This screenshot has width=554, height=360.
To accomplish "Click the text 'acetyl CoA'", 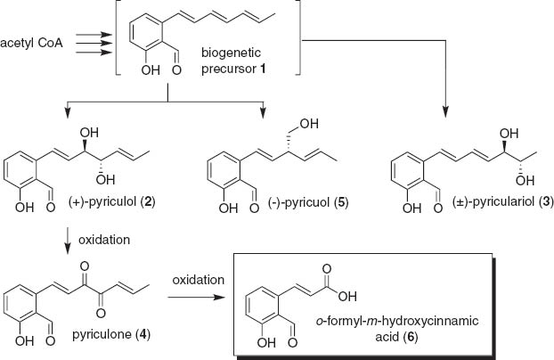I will click(x=31, y=42).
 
